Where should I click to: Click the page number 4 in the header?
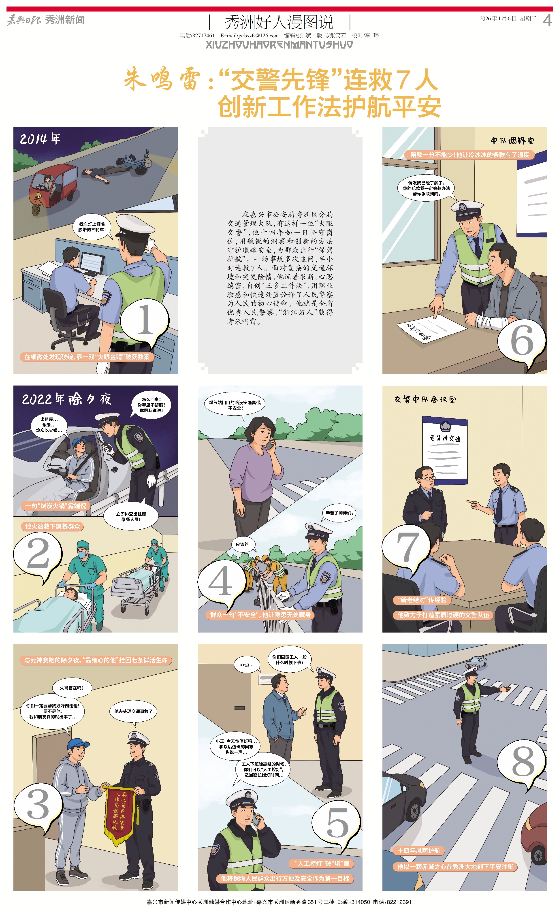click(547, 20)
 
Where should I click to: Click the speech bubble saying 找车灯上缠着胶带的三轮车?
click(92, 227)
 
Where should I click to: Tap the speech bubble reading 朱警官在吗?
click(72, 688)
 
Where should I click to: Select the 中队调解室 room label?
click(512, 141)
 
